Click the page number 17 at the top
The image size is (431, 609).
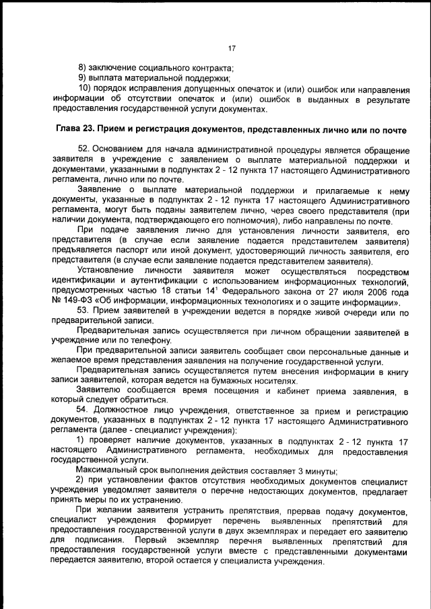(x=231, y=48)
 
